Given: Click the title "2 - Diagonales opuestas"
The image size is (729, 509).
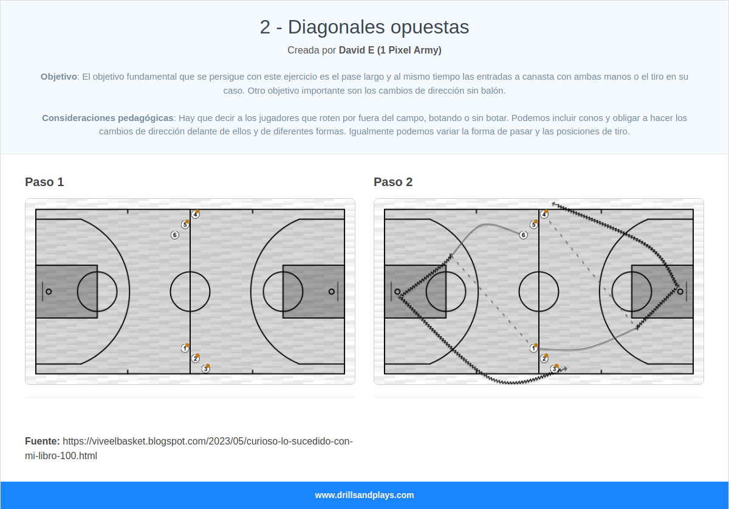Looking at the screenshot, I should [364, 27].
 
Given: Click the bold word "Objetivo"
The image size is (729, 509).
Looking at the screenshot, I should [59, 77].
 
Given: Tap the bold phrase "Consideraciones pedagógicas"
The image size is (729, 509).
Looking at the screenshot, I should [108, 117].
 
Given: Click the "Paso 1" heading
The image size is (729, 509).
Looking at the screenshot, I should [44, 182].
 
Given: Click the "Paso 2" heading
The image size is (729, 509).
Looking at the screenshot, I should [393, 182].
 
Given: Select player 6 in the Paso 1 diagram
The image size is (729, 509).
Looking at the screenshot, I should [175, 235].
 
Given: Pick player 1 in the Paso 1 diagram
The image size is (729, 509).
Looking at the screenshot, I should [185, 348].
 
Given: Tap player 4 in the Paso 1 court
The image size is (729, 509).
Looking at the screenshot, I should [195, 214].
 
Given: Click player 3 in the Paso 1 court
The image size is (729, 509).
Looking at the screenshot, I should [206, 369].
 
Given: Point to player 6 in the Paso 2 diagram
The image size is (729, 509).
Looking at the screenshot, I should [524, 235].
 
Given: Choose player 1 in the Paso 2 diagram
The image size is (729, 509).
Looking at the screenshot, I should [533, 348].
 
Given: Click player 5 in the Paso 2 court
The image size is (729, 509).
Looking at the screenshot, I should [533, 224].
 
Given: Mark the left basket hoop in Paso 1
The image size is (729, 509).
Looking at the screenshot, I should [49, 291].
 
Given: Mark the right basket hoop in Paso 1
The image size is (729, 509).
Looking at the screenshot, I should [331, 291].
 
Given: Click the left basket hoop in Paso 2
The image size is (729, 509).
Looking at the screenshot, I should [397, 291].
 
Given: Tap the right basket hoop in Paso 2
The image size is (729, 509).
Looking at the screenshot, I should [680, 291].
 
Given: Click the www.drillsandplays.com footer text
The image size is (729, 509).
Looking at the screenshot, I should [364, 495].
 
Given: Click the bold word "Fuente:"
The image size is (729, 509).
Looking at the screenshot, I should [42, 441].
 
